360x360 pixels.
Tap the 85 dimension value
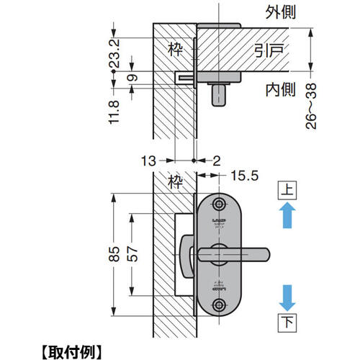pos(114,254)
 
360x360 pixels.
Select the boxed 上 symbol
pos(287,190)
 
